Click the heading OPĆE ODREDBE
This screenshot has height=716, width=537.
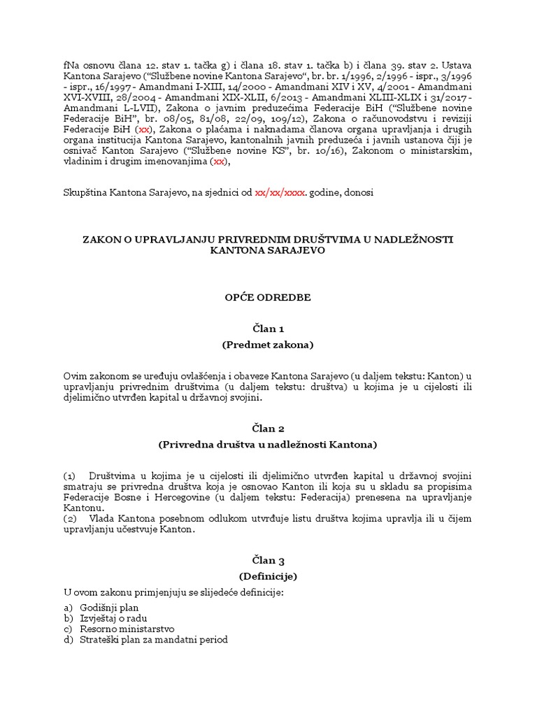click(268, 297)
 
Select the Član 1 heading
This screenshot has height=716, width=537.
click(268, 328)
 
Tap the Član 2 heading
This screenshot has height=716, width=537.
click(268, 428)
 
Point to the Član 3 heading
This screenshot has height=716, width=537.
click(268, 560)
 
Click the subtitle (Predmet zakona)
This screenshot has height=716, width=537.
click(268, 345)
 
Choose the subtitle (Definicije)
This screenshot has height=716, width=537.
click(268, 576)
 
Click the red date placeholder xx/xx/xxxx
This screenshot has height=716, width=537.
click(280, 192)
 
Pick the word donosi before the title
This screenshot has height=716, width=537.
click(360, 192)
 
